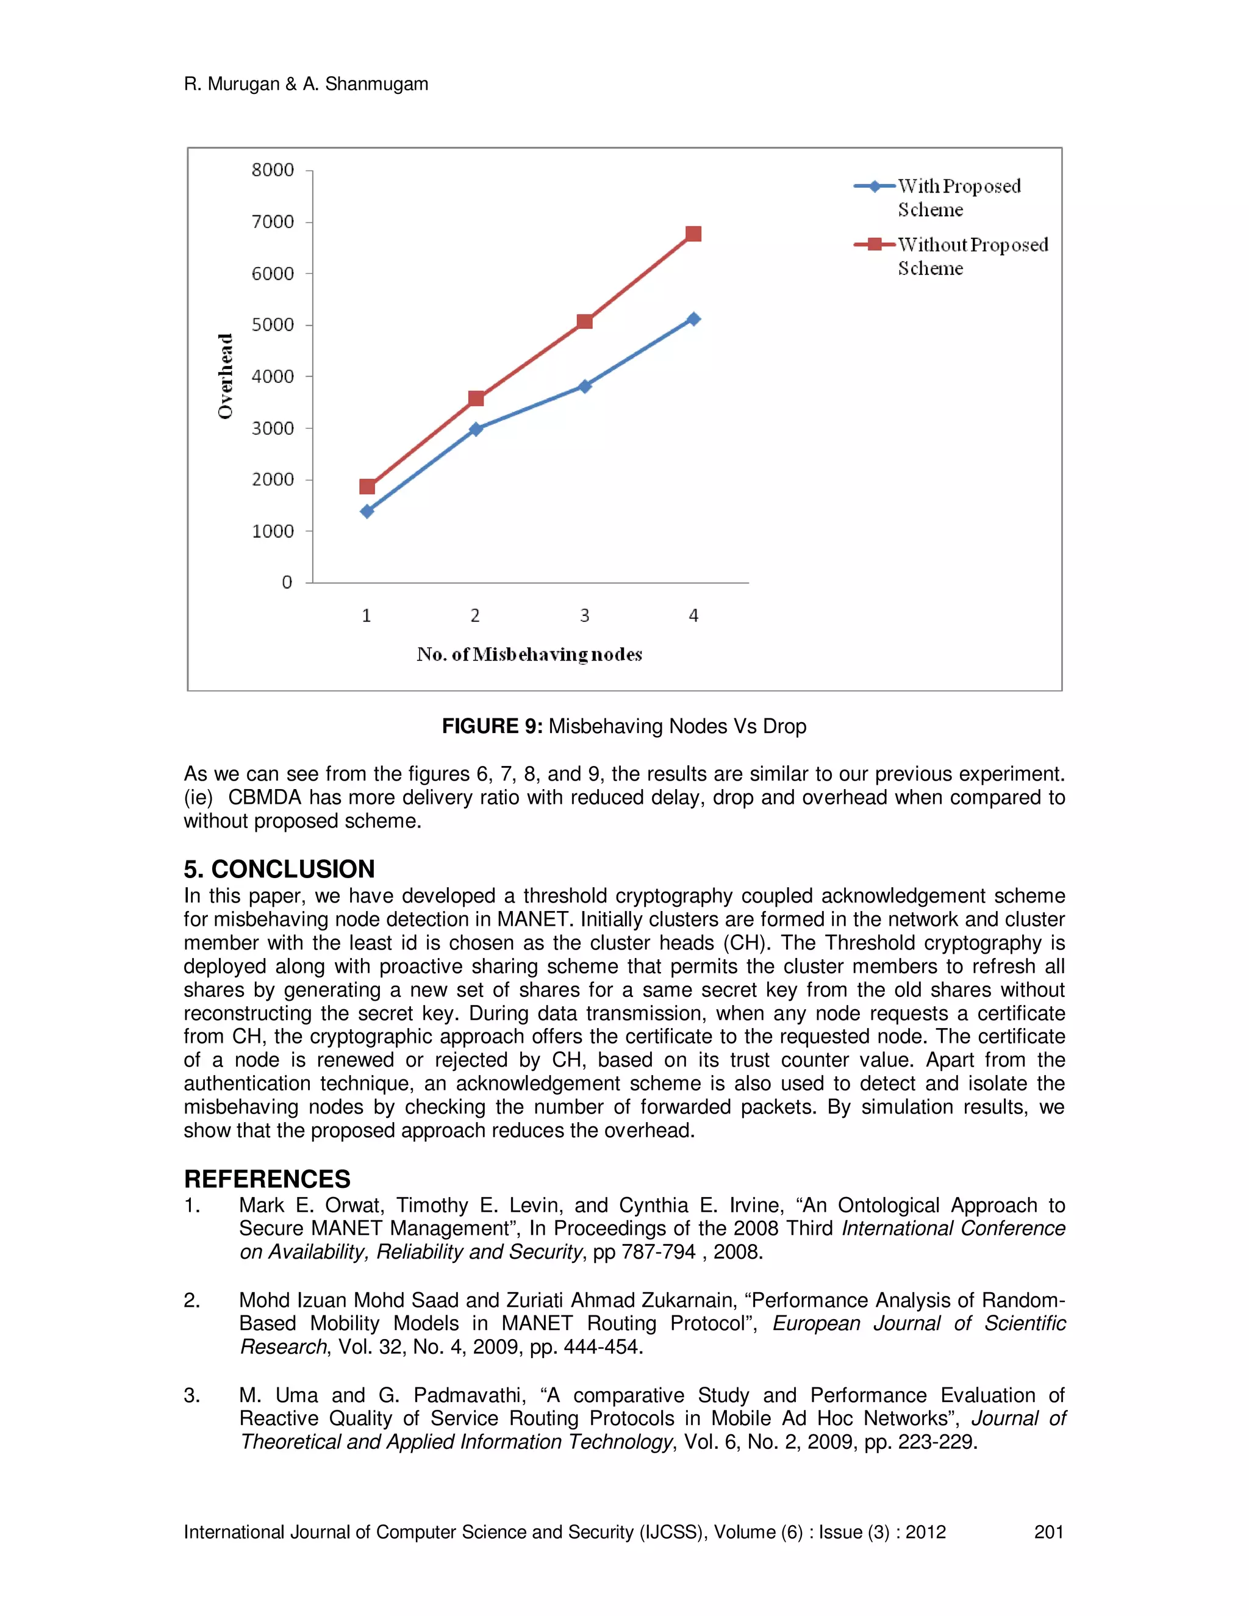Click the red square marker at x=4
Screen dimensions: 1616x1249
(x=693, y=234)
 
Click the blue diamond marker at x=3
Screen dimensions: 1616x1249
(x=584, y=386)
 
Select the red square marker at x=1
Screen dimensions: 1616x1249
(x=367, y=486)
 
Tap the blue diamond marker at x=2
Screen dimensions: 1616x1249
(x=476, y=429)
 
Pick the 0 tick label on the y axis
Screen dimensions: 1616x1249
(x=287, y=582)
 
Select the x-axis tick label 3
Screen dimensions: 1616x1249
(x=584, y=616)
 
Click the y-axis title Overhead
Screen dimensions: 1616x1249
(x=225, y=376)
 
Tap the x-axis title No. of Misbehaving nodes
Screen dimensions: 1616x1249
(x=529, y=654)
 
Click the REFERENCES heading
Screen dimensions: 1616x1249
(x=267, y=1179)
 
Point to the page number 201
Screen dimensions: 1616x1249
(x=1048, y=1532)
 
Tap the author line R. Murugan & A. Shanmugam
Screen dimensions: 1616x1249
(x=306, y=84)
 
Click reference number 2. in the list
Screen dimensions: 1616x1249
(x=191, y=1300)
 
